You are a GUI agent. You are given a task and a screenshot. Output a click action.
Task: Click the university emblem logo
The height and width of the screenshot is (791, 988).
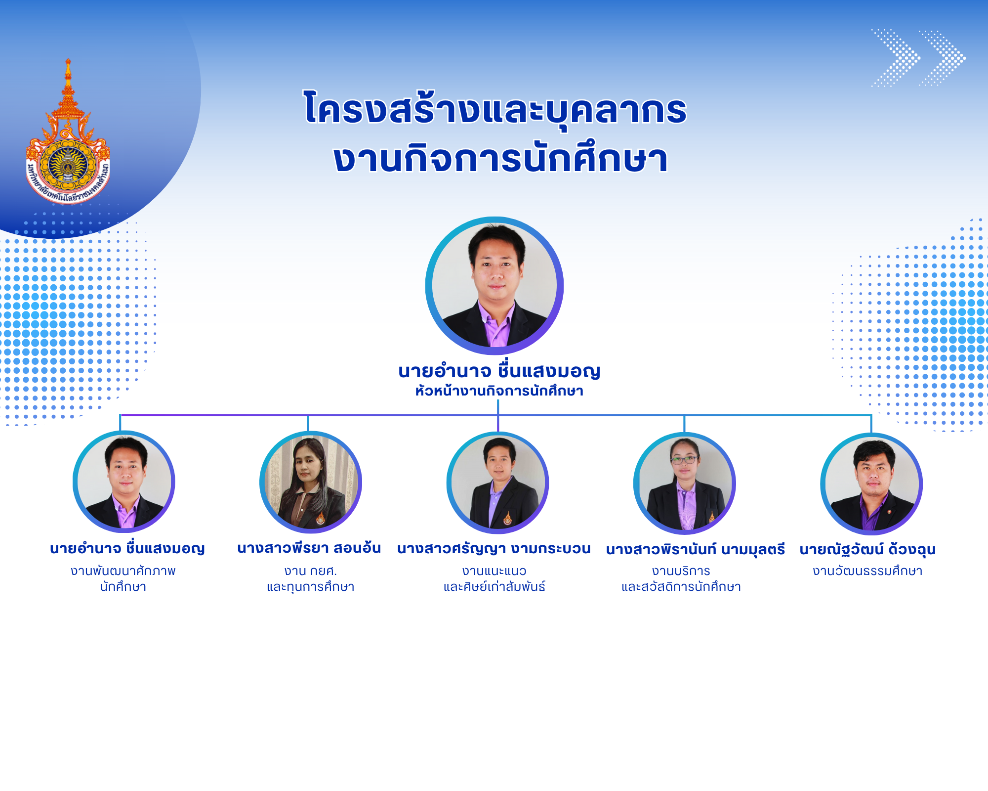click(x=68, y=132)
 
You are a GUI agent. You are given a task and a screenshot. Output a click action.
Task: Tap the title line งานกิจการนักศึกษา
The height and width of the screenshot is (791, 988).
click(x=500, y=159)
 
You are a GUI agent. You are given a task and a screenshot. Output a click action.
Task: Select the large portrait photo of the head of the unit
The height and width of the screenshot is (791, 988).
click(x=494, y=286)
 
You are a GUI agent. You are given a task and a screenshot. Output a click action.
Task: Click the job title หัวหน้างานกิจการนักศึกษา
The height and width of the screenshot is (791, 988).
click(x=499, y=391)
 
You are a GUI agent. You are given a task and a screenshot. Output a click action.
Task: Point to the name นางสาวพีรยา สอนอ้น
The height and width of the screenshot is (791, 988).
click(x=309, y=548)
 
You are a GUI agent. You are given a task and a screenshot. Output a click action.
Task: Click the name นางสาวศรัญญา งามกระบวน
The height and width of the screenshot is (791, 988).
click(x=494, y=549)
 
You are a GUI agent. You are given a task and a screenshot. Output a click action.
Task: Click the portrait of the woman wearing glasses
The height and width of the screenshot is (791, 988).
click(x=685, y=483)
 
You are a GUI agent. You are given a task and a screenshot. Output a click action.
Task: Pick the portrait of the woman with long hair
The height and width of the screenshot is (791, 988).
click(x=311, y=483)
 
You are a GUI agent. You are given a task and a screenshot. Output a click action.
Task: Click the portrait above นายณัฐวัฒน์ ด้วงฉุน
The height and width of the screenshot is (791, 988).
click(x=871, y=484)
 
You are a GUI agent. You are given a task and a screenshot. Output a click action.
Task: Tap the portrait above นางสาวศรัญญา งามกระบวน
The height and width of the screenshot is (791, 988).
click(x=498, y=483)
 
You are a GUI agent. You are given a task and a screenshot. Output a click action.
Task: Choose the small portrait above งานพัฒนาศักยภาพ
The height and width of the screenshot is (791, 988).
click(x=124, y=482)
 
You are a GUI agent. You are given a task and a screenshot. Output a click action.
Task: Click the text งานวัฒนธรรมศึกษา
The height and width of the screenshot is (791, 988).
click(x=868, y=571)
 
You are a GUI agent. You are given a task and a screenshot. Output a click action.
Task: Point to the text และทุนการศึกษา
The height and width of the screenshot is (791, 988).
click(x=311, y=587)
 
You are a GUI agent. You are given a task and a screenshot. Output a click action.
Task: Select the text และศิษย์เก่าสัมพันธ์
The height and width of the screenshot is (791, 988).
click(x=494, y=587)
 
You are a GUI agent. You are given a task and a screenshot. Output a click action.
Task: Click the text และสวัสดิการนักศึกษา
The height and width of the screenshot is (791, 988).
click(x=681, y=587)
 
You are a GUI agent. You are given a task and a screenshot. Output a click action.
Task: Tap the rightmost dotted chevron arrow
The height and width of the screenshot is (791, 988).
click(x=942, y=58)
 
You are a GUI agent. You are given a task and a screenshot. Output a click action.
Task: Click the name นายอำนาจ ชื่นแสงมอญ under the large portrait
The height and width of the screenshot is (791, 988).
click(x=499, y=371)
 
